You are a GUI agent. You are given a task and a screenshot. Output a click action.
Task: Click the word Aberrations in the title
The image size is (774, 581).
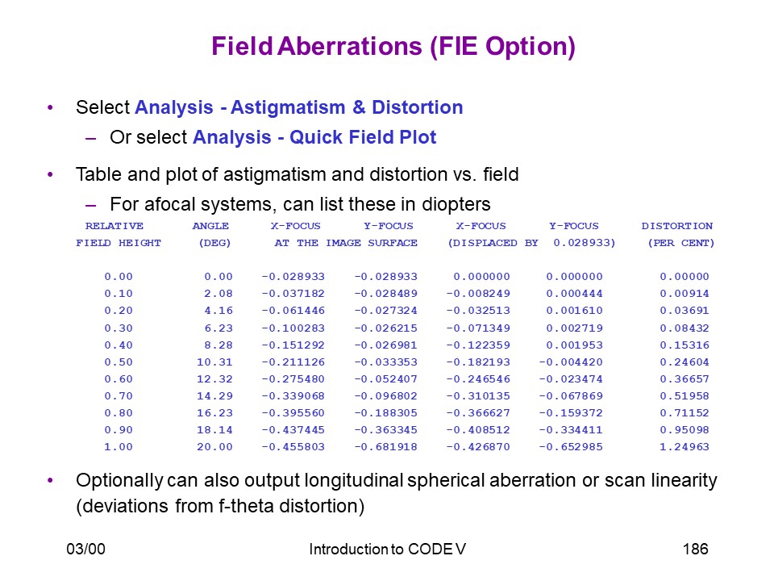(350, 46)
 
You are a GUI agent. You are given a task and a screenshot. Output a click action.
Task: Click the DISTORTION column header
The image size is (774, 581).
(676, 226)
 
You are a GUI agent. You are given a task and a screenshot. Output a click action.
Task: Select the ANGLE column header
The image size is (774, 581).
(210, 226)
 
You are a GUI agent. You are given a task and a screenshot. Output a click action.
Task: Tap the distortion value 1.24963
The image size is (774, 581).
(685, 447)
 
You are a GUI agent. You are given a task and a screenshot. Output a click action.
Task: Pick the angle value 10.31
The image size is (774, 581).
(214, 362)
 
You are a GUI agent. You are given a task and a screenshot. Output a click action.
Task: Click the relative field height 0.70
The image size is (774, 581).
(119, 396)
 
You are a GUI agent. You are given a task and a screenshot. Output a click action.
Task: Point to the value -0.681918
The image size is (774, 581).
(385, 447)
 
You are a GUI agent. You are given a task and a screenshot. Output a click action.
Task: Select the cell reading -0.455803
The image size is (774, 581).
(293, 447)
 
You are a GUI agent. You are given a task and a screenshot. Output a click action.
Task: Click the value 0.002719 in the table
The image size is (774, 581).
(574, 328)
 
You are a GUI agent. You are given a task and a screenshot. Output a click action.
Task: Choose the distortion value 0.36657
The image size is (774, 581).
(685, 379)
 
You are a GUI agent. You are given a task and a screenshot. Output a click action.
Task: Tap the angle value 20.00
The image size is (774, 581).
(214, 447)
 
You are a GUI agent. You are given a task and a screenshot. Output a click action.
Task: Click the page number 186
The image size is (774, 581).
(695, 549)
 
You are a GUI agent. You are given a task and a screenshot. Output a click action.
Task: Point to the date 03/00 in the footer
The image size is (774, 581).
(86, 549)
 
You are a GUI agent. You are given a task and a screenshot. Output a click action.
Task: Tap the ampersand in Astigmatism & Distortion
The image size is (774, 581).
(359, 107)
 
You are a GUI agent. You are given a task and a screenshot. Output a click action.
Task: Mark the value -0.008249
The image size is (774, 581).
(478, 294)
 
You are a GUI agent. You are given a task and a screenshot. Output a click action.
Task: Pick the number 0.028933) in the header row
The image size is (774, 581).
(584, 243)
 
